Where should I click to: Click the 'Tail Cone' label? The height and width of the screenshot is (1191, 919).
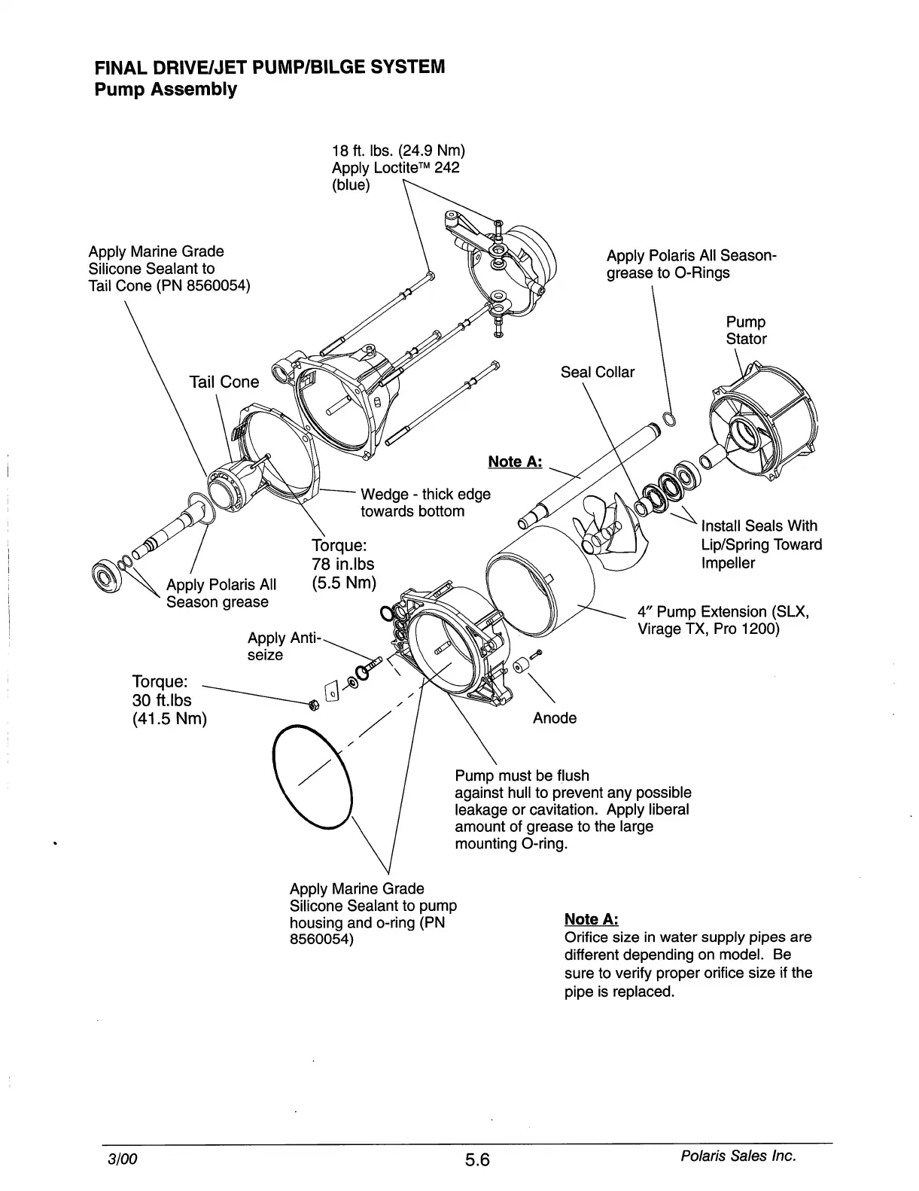click(x=224, y=382)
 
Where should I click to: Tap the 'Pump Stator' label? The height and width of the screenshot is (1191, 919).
click(x=746, y=330)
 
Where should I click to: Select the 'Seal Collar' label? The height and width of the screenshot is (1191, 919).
click(x=597, y=372)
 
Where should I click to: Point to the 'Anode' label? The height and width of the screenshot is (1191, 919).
click(x=554, y=718)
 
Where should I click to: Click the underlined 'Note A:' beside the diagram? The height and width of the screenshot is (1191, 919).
click(x=515, y=461)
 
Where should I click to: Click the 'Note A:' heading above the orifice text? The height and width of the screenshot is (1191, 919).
click(x=591, y=919)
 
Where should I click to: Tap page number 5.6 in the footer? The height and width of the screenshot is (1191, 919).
click(x=476, y=1160)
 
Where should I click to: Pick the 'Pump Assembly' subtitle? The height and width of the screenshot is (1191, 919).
click(x=165, y=90)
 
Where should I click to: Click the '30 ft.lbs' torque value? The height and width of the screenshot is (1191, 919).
click(x=161, y=700)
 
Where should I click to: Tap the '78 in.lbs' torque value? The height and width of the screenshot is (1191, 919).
click(x=342, y=564)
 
